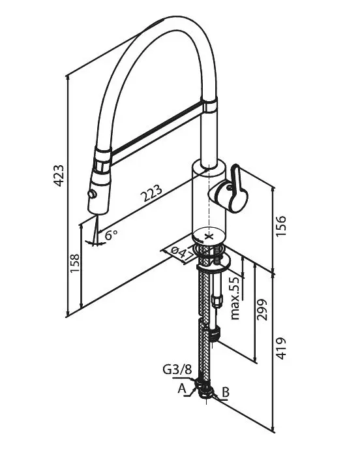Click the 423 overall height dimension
59,176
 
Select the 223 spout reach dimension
151,193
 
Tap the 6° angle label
112,234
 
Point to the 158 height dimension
75,263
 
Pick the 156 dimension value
280,226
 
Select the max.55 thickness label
235,298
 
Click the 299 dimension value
262,309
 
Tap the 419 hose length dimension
280,348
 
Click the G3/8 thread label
177,369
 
